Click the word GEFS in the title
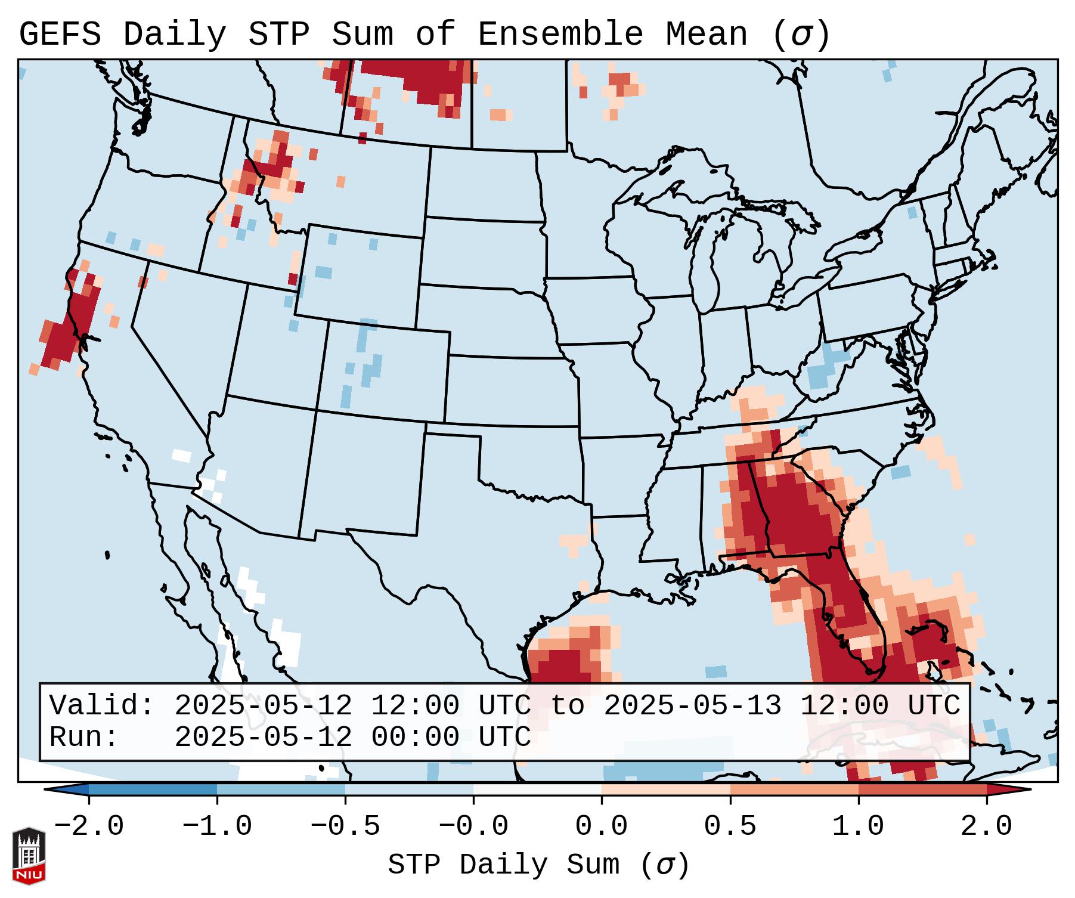coord(60,35)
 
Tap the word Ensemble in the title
coord(560,35)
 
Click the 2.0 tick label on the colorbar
coord(986,826)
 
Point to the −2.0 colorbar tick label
coord(89,826)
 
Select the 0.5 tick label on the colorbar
coord(730,826)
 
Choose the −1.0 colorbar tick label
coord(217,826)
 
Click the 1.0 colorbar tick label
coord(858,826)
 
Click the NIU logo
coord(29,856)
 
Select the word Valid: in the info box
coord(102,706)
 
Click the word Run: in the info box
coord(84,738)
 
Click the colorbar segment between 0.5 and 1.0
coord(794,789)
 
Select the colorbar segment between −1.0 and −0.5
coord(281,789)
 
